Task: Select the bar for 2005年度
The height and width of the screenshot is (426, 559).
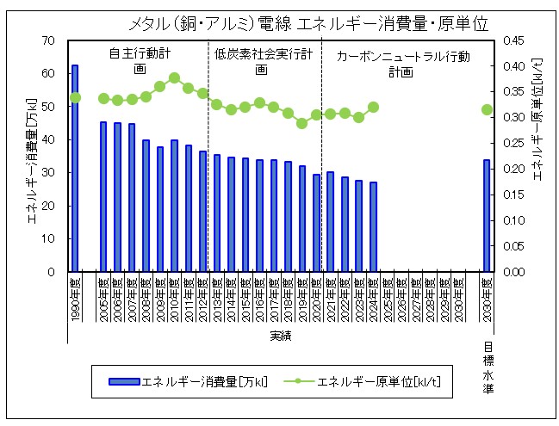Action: (104, 197)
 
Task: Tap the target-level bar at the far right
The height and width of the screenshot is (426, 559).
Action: (487, 216)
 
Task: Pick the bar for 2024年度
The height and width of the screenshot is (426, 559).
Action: (373, 227)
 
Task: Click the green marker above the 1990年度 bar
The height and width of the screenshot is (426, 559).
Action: (75, 97)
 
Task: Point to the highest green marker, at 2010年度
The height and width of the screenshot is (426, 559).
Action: (174, 77)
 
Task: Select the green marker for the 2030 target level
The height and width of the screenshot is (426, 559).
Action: (487, 109)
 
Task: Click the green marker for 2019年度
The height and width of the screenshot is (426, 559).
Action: (301, 123)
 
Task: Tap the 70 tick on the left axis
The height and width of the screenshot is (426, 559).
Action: (49, 40)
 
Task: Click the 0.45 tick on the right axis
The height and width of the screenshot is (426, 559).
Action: (513, 40)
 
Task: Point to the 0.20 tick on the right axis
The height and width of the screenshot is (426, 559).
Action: (513, 169)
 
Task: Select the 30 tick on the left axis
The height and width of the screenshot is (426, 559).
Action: (49, 173)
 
